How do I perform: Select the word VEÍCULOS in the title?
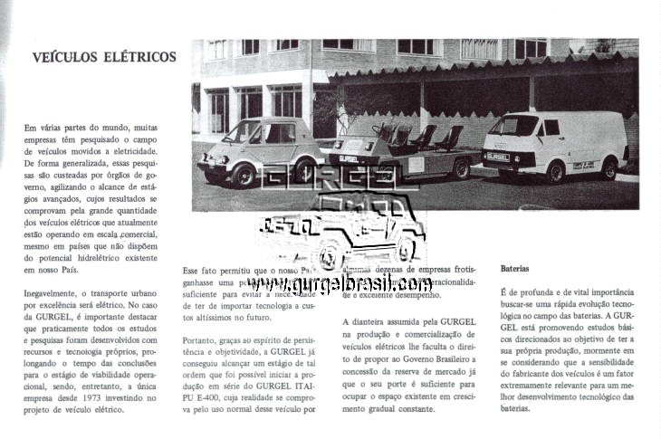65,58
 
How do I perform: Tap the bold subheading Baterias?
516,269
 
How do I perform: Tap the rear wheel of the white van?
609,168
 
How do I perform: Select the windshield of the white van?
511,126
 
